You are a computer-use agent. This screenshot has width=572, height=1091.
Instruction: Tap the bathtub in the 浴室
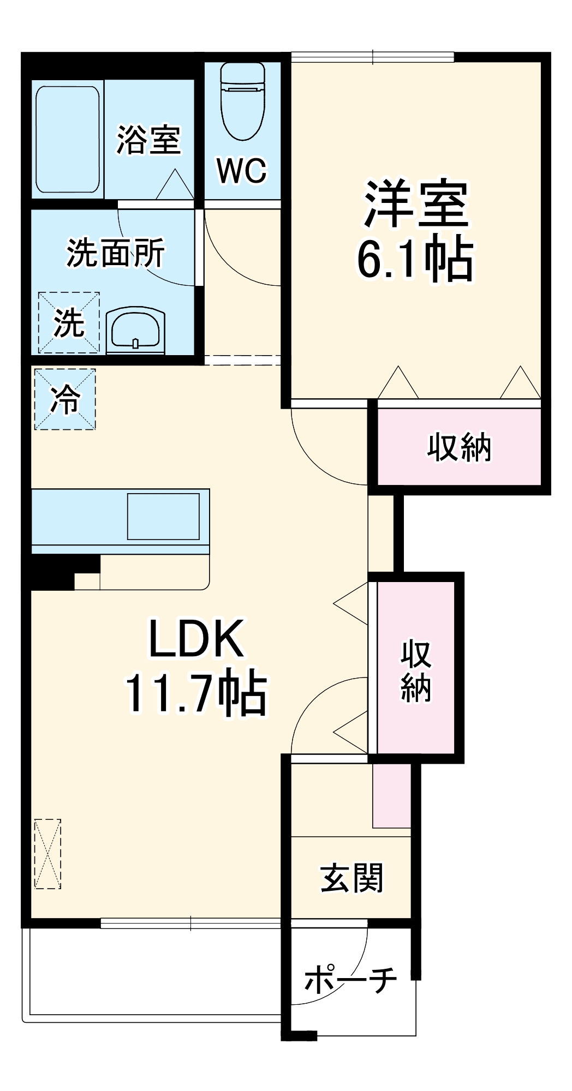(x=68, y=139)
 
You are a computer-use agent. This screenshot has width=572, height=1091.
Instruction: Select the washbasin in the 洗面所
(x=135, y=329)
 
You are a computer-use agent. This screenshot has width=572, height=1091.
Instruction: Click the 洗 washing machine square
(x=69, y=322)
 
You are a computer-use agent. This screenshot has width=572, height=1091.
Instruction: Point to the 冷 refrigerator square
(x=65, y=399)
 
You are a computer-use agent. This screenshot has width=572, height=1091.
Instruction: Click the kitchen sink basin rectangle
(x=163, y=516)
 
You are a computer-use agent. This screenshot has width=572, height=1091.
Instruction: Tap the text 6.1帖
(x=415, y=259)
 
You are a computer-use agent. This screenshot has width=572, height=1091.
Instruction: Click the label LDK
(x=196, y=638)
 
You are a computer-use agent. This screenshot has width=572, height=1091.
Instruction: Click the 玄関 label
(x=352, y=878)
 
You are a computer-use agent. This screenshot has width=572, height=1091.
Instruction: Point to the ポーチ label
(x=350, y=979)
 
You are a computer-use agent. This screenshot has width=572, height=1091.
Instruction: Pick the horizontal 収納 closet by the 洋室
(x=459, y=447)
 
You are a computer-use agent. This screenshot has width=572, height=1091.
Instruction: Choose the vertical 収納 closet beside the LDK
(x=416, y=669)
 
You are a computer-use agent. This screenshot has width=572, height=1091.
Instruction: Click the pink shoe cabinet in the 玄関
(x=391, y=795)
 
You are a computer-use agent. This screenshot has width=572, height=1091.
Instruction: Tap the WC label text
(x=242, y=171)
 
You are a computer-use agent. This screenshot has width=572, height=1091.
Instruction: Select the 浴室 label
(x=148, y=140)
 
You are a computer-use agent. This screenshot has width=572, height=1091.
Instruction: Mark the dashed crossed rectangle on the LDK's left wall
(x=47, y=854)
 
